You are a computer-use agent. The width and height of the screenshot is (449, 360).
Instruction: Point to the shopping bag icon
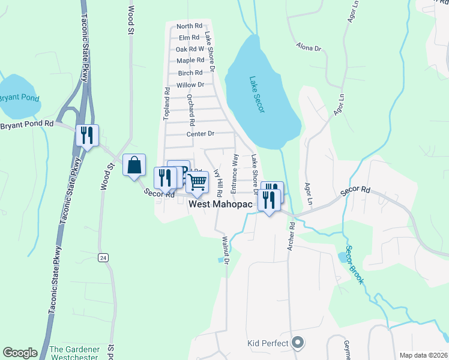point(134,164)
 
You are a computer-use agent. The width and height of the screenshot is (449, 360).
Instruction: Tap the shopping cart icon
point(197,181)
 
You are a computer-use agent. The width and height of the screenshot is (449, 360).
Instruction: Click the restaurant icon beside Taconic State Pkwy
point(87,135)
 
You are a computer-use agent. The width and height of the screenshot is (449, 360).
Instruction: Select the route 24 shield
point(104,257)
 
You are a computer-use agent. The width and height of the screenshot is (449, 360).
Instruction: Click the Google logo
point(20,353)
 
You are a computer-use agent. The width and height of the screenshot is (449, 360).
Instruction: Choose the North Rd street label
point(189,26)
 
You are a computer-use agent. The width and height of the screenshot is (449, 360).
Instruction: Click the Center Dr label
point(200,134)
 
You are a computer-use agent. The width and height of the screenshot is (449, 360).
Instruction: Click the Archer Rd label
point(292,236)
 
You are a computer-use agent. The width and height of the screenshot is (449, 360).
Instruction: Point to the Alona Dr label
point(309,46)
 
